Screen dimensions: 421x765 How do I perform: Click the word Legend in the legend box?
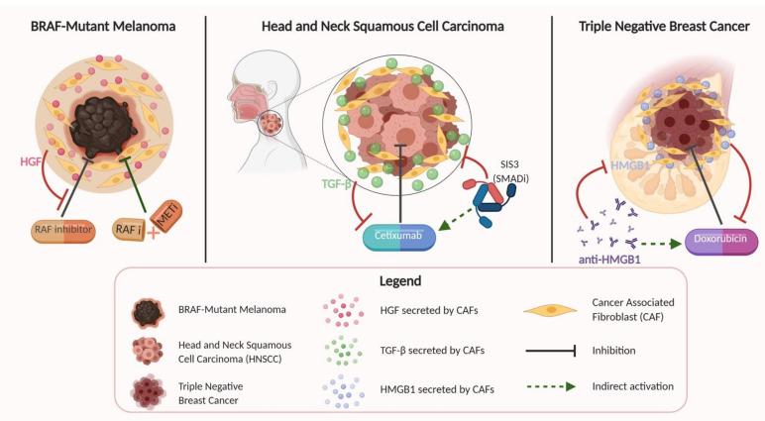tap(381, 280)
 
